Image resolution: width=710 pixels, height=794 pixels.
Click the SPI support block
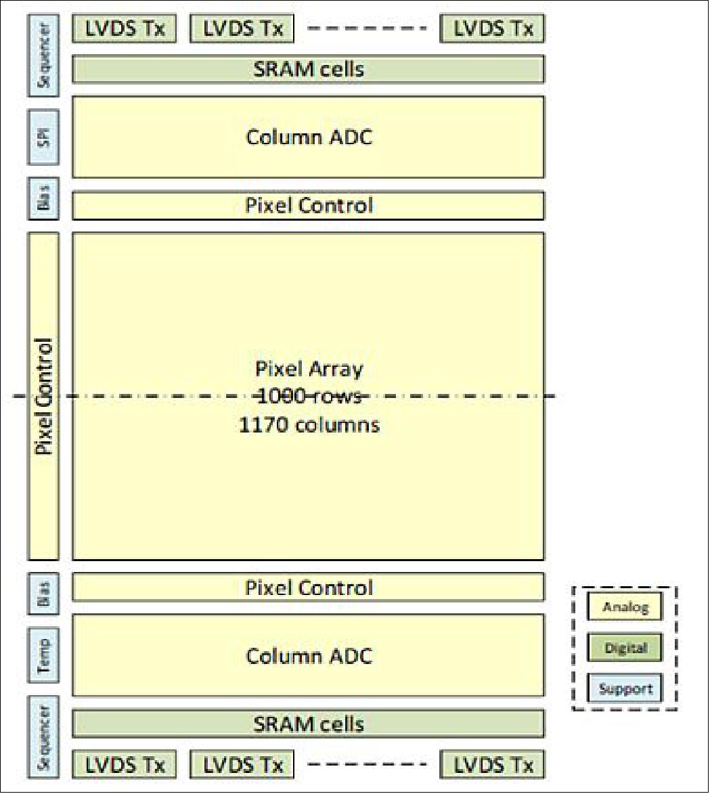pyautogui.click(x=44, y=137)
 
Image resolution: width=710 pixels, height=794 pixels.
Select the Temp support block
pyautogui.click(x=44, y=655)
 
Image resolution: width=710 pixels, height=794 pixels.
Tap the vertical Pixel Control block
pyautogui.click(x=44, y=396)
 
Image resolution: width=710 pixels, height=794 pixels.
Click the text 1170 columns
pyautogui.click(x=309, y=425)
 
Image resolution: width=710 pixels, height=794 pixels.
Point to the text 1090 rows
pyautogui.click(x=309, y=397)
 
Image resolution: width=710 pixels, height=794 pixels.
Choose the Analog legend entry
pyautogui.click(x=625, y=607)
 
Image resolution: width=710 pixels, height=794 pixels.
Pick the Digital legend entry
pyautogui.click(x=625, y=648)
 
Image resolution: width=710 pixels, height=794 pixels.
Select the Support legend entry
pyautogui.click(x=625, y=689)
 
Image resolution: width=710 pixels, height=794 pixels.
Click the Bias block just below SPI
pyautogui.click(x=44, y=199)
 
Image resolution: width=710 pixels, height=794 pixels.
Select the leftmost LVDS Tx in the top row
pyautogui.click(x=124, y=28)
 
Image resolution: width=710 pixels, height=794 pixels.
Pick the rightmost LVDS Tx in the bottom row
pyautogui.click(x=493, y=765)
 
